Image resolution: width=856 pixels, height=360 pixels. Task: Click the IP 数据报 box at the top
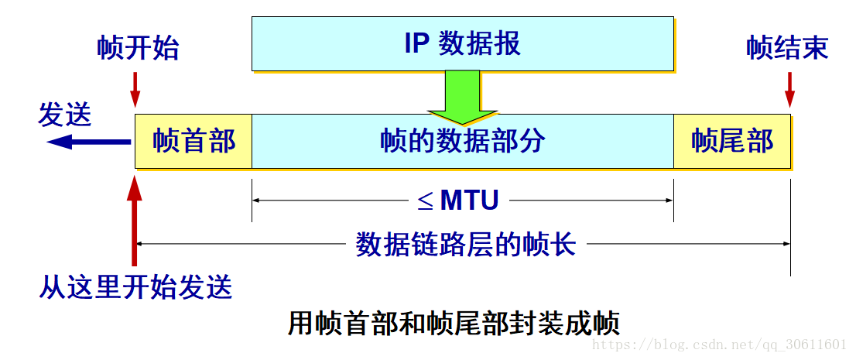[x=462, y=43]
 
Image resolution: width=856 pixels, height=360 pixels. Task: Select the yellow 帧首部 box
[x=193, y=141]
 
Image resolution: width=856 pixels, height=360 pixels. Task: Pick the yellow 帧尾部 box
[x=731, y=141]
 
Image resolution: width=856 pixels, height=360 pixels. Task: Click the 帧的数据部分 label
[x=462, y=141]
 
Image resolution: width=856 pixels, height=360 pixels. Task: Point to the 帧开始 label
[x=138, y=48]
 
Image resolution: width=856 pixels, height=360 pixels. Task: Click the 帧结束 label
[x=787, y=48]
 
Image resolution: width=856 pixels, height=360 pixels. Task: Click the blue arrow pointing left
[x=87, y=142]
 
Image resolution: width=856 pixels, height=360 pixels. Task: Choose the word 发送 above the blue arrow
[x=65, y=115]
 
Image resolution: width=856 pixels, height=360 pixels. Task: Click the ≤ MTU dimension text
[x=458, y=201]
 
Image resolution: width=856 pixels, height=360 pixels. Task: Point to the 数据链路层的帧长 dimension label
[x=465, y=245]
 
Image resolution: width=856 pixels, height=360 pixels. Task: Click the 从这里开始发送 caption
[x=135, y=287]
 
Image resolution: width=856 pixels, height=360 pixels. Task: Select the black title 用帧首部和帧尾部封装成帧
[x=454, y=323]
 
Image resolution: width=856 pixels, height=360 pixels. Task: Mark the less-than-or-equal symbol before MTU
[x=426, y=201]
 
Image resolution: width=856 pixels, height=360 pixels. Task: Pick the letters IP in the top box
[x=416, y=43]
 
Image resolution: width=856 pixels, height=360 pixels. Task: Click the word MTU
[x=469, y=201]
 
